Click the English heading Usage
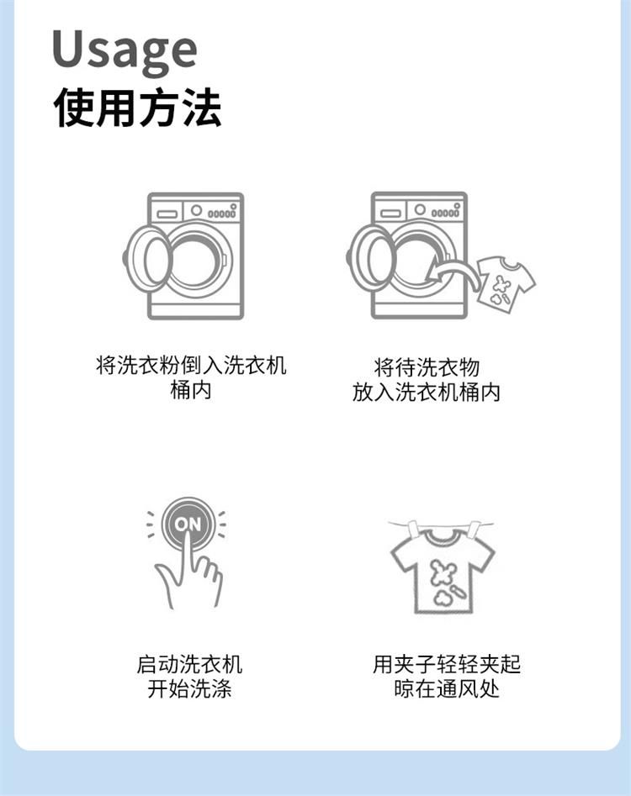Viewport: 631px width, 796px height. tap(125, 50)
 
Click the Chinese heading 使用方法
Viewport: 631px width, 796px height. tap(137, 108)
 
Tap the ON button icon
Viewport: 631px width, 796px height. tap(188, 524)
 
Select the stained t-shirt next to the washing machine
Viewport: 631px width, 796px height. tap(506, 282)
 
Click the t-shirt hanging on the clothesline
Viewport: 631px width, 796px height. tap(443, 571)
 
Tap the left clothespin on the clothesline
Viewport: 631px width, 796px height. tap(412, 528)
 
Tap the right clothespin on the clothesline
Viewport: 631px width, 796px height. tap(474, 529)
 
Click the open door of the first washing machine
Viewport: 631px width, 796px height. tap(147, 258)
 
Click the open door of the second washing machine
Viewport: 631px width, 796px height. tap(371, 258)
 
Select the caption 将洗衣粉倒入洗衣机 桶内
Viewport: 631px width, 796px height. tap(191, 377)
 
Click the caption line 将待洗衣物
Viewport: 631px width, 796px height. tap(427, 366)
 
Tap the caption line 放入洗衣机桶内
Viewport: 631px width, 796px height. tap(427, 392)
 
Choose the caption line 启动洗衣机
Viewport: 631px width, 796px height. tap(189, 664)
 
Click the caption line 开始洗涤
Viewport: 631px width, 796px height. tap(189, 689)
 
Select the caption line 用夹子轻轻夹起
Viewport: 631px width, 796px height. tap(447, 664)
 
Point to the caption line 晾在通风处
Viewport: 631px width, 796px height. tap(447, 689)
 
